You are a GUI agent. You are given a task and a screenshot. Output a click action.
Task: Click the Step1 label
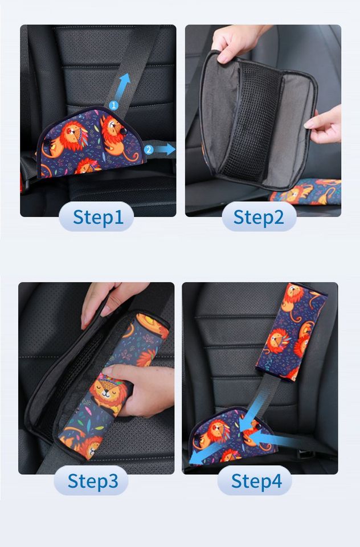click(x=97, y=217)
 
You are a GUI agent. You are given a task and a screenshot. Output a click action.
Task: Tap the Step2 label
click(x=258, y=217)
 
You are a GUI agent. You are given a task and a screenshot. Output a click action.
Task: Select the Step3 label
click(x=92, y=481)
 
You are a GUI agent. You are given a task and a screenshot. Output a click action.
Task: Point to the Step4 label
click(x=256, y=481)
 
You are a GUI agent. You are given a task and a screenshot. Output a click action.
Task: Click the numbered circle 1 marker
click(x=113, y=105)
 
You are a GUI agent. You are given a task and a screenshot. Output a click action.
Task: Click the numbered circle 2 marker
click(x=148, y=150)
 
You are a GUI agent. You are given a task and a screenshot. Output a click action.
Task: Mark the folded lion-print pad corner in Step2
click(x=308, y=191)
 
